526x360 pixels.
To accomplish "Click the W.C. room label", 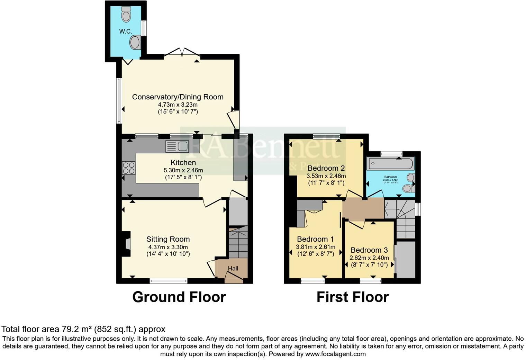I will (x=126, y=31).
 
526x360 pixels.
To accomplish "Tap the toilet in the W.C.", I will (x=126, y=14).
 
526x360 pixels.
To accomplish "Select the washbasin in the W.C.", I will (x=135, y=43).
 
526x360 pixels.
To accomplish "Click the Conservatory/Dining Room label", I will (x=178, y=97).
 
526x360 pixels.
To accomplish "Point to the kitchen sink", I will (x=177, y=146).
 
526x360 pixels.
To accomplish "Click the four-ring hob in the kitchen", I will (x=129, y=168).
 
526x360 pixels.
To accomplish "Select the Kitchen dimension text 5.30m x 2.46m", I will (x=183, y=170).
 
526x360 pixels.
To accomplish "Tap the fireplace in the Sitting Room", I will (x=126, y=244).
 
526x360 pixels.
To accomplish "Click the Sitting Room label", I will (x=168, y=239).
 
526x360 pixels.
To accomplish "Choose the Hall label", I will (x=233, y=268).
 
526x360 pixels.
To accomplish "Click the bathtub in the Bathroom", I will (x=390, y=162).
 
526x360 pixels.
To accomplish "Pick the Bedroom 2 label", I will (x=326, y=169).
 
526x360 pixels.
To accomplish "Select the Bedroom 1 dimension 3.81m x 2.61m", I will (x=315, y=247).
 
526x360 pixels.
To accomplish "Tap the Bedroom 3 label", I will (x=369, y=250).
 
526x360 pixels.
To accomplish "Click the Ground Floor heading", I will (x=179, y=297).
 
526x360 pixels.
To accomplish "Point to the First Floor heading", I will (x=352, y=297).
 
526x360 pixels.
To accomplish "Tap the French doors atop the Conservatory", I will (x=182, y=53).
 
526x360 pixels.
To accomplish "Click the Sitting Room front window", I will (x=169, y=280).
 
